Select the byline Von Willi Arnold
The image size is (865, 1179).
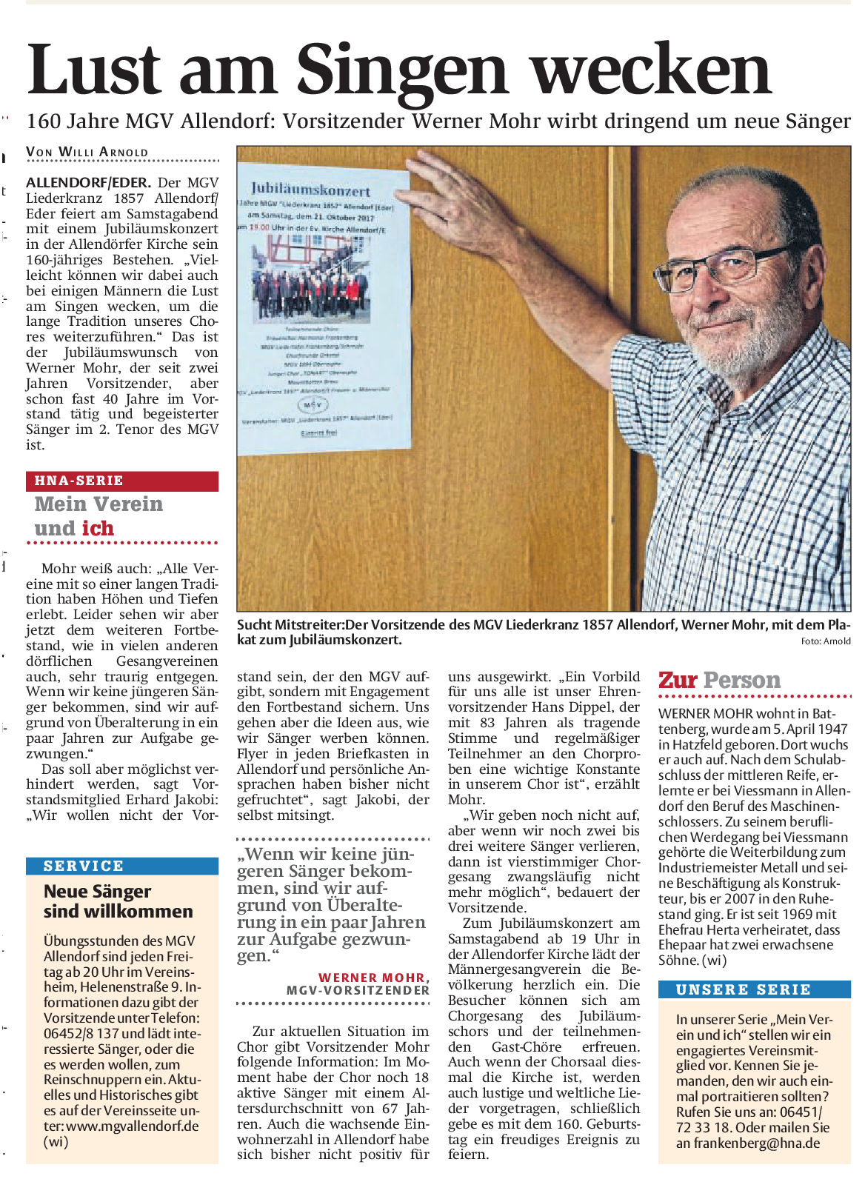pyautogui.click(x=87, y=153)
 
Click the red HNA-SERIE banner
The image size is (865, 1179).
pyautogui.click(x=122, y=481)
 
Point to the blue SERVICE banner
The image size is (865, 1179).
pyautogui.click(x=122, y=866)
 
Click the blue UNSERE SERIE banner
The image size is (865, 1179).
pyautogui.click(x=754, y=989)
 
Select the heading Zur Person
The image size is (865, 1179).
pyautogui.click(x=719, y=680)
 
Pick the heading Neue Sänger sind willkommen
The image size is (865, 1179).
pyautogui.click(x=118, y=901)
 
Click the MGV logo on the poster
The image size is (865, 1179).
pyautogui.click(x=313, y=405)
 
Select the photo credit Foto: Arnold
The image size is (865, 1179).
pyautogui.click(x=825, y=641)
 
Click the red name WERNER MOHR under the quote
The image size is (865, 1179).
pyautogui.click(x=372, y=978)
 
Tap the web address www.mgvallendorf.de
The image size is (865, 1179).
pyautogui.click(x=133, y=1126)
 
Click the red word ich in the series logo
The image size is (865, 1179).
pyautogui.click(x=98, y=529)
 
